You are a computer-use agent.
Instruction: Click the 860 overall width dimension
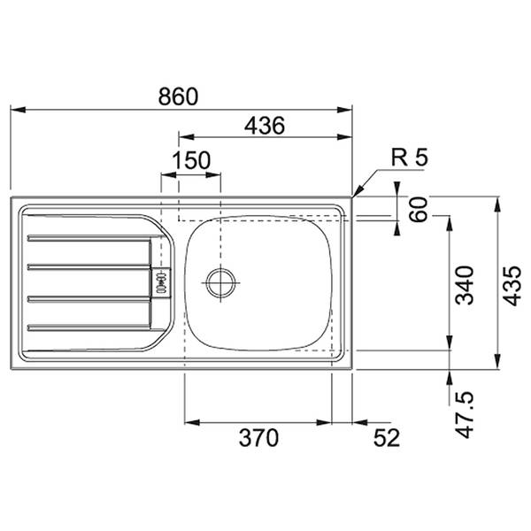point(178,96)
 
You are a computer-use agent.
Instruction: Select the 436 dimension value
point(265,126)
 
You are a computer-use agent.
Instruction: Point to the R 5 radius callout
point(410,158)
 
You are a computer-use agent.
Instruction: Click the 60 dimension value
point(419,210)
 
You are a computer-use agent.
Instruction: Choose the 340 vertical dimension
point(464,285)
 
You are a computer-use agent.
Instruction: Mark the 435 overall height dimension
point(512,286)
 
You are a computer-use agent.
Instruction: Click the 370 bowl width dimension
point(258,438)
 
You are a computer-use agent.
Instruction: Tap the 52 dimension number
point(387,438)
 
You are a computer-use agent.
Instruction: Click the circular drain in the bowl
point(221,283)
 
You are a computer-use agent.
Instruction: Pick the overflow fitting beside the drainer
point(161,283)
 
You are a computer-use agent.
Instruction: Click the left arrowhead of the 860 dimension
point(18,110)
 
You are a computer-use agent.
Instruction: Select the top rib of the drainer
point(94,238)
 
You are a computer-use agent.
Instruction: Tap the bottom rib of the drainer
point(88,327)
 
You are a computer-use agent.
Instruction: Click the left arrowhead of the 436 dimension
point(186,137)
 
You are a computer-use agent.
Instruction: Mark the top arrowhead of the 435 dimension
point(497,205)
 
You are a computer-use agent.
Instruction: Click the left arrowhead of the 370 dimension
point(192,422)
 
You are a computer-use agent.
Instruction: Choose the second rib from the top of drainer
point(88,267)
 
